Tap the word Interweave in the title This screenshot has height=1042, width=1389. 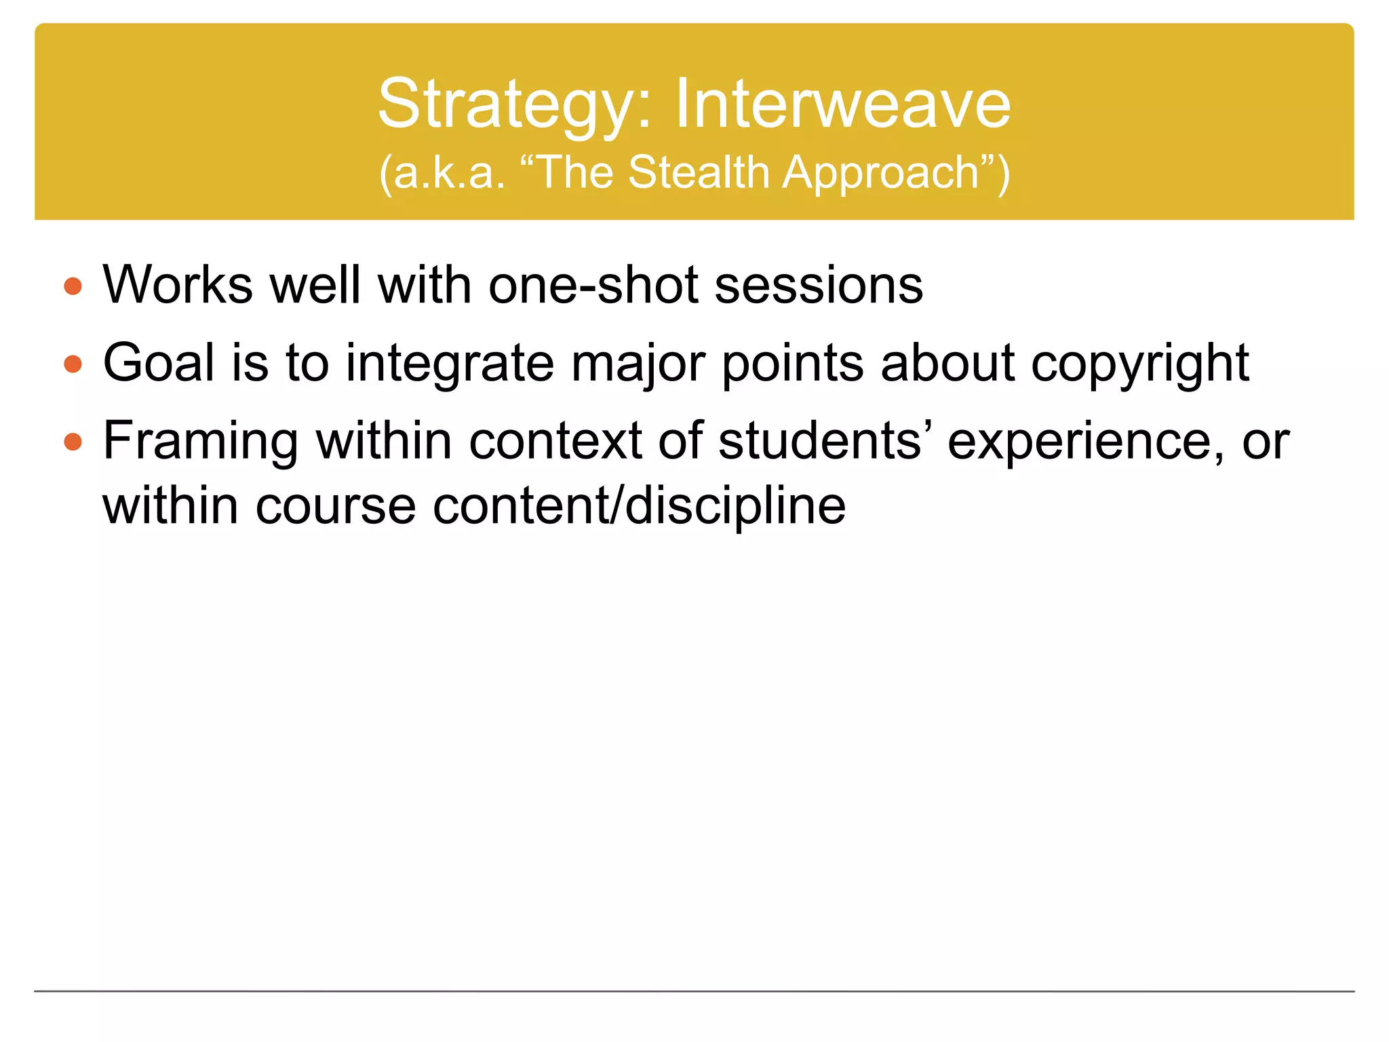[x=842, y=104]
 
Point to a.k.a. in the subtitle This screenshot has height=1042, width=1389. [x=447, y=172]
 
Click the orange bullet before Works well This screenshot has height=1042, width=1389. [x=73, y=286]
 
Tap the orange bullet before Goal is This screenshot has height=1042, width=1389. [x=73, y=365]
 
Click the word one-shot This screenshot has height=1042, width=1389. [x=593, y=286]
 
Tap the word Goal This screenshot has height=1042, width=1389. [x=159, y=363]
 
